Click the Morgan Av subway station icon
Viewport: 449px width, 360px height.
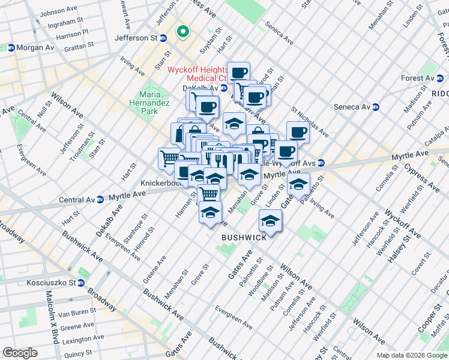coord(11,47)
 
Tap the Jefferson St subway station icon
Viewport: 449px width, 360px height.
coord(162,38)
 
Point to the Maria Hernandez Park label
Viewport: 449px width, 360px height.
coord(149,103)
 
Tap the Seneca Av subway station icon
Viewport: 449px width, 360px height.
coord(376,107)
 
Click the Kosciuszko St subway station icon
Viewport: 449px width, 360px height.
coord(81,283)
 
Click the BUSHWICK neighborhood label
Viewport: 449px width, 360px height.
coord(244,238)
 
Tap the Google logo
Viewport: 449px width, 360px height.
coord(20,353)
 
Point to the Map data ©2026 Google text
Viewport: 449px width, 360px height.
coord(412,355)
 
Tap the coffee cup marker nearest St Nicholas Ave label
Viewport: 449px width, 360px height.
coord(298,132)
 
